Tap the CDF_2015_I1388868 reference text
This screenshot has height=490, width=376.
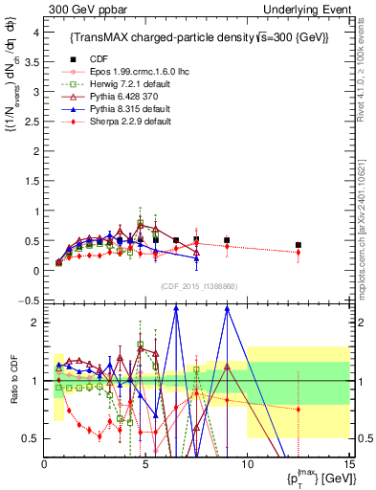(198, 284)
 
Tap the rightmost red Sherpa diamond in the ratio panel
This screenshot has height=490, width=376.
(299, 410)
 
